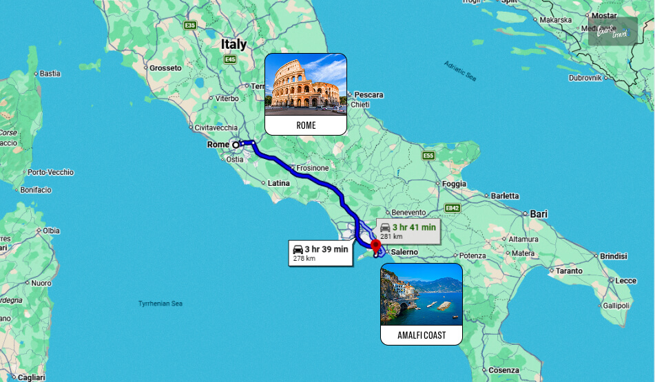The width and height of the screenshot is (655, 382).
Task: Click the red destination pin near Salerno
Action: [375, 246]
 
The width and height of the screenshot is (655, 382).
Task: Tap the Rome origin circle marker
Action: [236, 145]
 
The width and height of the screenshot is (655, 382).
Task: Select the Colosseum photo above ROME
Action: [306, 84]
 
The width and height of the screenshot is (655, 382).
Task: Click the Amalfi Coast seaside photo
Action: [421, 294]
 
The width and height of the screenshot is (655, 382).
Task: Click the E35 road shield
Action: [190, 25]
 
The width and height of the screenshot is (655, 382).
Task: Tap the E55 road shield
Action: [428, 156]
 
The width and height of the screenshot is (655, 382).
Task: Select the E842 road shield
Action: [452, 208]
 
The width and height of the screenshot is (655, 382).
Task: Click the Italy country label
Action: [233, 44]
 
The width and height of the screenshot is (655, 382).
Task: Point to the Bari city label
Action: [538, 214]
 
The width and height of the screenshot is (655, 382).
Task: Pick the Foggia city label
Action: [453, 184]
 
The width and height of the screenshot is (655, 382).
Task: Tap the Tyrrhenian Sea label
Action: [160, 303]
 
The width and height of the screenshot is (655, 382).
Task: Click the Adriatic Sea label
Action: [459, 72]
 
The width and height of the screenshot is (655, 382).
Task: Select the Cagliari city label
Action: [31, 377]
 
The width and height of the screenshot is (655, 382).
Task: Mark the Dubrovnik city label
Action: [585, 78]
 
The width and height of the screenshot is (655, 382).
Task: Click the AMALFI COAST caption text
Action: [421, 336]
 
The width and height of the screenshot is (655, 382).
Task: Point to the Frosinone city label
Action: [312, 168]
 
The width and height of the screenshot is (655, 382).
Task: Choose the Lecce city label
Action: [625, 280]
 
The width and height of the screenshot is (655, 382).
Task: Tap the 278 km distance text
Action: [304, 259]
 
